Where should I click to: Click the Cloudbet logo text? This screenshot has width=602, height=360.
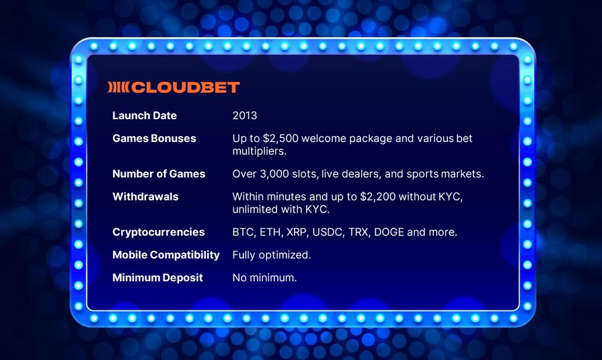tap(186, 87)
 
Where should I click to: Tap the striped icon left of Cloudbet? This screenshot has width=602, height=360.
tap(118, 87)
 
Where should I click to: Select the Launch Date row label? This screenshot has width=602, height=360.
tap(145, 116)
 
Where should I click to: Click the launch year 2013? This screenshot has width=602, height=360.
tap(245, 116)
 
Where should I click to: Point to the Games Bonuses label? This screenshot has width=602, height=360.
tap(154, 139)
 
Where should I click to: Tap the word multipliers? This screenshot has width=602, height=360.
tap(260, 151)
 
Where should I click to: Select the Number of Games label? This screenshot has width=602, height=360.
tap(159, 174)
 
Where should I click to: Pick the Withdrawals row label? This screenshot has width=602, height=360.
tap(145, 196)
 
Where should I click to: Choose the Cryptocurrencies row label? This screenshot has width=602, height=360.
tap(158, 232)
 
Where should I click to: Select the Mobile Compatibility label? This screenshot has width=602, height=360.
tap(166, 255)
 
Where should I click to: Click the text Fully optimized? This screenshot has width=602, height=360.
tap(272, 255)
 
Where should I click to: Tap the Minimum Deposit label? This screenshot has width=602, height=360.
tap(157, 278)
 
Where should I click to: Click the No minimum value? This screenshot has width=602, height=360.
tap(264, 278)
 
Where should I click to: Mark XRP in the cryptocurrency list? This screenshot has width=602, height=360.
tap(297, 232)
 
